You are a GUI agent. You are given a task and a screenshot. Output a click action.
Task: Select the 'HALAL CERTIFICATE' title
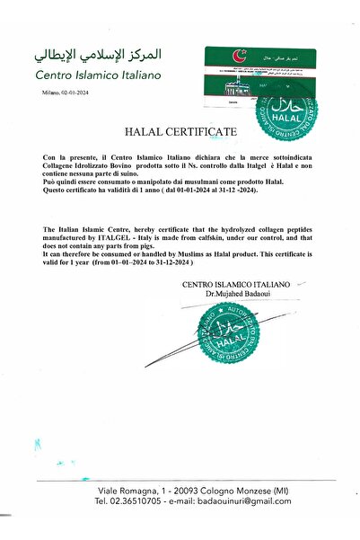click(188, 131)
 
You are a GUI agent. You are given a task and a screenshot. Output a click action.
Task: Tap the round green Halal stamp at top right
click(287, 112)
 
